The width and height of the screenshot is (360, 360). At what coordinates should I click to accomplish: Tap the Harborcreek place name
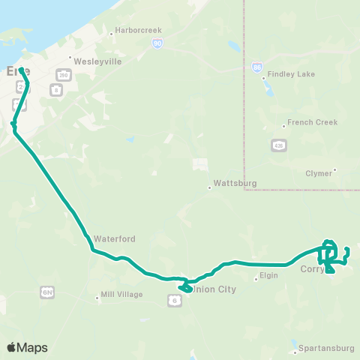point(138,31)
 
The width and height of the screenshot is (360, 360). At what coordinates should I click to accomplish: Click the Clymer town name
point(319,172)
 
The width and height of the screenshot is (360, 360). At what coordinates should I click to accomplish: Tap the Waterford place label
point(114,238)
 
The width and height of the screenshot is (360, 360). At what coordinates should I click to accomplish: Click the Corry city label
point(310,268)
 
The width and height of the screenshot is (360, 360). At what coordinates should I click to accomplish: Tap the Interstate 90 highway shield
point(157,44)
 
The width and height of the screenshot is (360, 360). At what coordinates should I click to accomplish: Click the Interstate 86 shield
point(257,67)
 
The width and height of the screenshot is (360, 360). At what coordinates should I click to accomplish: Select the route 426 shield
point(278,145)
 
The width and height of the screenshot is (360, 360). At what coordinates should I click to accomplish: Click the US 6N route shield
point(47,290)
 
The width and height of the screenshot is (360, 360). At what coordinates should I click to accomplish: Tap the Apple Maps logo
point(27,347)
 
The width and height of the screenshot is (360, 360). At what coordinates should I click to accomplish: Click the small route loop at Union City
point(184,286)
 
